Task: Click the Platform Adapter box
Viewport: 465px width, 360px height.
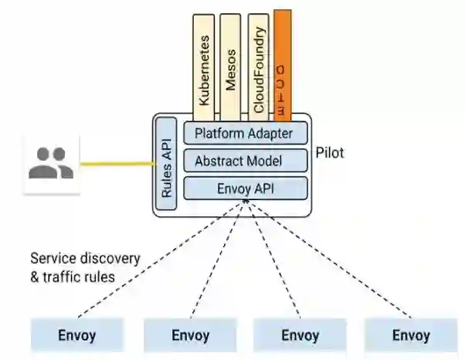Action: (x=245, y=134)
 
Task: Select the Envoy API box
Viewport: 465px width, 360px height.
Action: (x=245, y=188)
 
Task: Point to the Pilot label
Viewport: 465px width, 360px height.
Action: (x=330, y=153)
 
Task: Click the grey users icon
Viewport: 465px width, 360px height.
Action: (x=51, y=163)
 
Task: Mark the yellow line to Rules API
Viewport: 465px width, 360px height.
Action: (x=116, y=164)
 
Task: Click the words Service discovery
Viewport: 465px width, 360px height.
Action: (x=85, y=258)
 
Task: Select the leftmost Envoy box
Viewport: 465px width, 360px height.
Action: (x=76, y=335)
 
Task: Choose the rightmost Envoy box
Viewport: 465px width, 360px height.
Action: (x=410, y=335)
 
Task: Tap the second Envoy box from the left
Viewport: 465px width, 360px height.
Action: (x=190, y=335)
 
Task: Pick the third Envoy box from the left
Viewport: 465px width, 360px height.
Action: (x=300, y=335)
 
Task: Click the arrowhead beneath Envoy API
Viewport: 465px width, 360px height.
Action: (x=246, y=203)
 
